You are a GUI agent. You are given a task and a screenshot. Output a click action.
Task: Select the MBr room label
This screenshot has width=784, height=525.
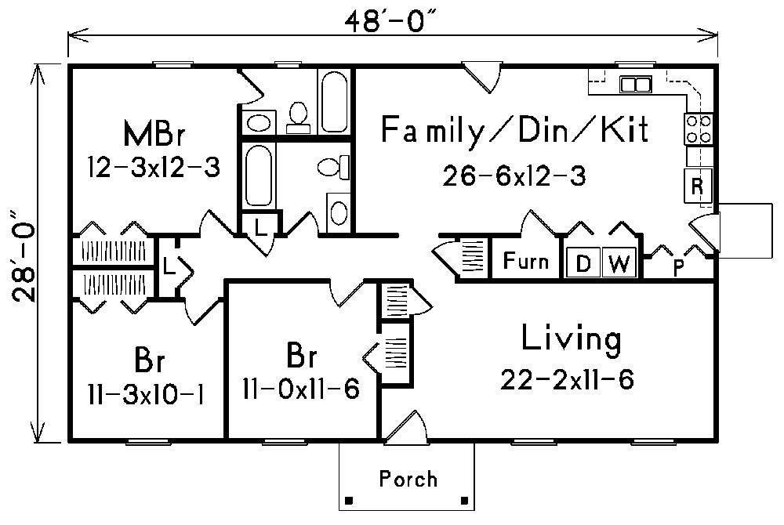(x=154, y=133)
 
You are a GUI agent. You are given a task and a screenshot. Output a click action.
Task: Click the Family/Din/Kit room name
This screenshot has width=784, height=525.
(x=515, y=130)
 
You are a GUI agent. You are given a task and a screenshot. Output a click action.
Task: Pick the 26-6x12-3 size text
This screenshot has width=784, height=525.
(x=514, y=176)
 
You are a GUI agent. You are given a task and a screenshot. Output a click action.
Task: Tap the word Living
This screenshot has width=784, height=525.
(x=571, y=339)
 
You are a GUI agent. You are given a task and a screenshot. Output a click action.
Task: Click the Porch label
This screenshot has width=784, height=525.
(x=408, y=478)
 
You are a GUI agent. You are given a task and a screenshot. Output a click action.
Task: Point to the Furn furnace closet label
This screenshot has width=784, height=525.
(x=526, y=261)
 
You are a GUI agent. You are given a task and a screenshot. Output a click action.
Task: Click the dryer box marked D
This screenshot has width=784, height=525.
(x=583, y=264)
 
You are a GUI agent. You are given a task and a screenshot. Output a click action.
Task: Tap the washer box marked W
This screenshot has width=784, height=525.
(x=619, y=264)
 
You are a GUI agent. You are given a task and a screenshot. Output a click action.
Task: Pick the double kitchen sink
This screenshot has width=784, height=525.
(x=635, y=84)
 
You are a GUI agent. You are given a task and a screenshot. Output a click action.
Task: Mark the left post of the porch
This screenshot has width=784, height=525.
(x=349, y=499)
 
